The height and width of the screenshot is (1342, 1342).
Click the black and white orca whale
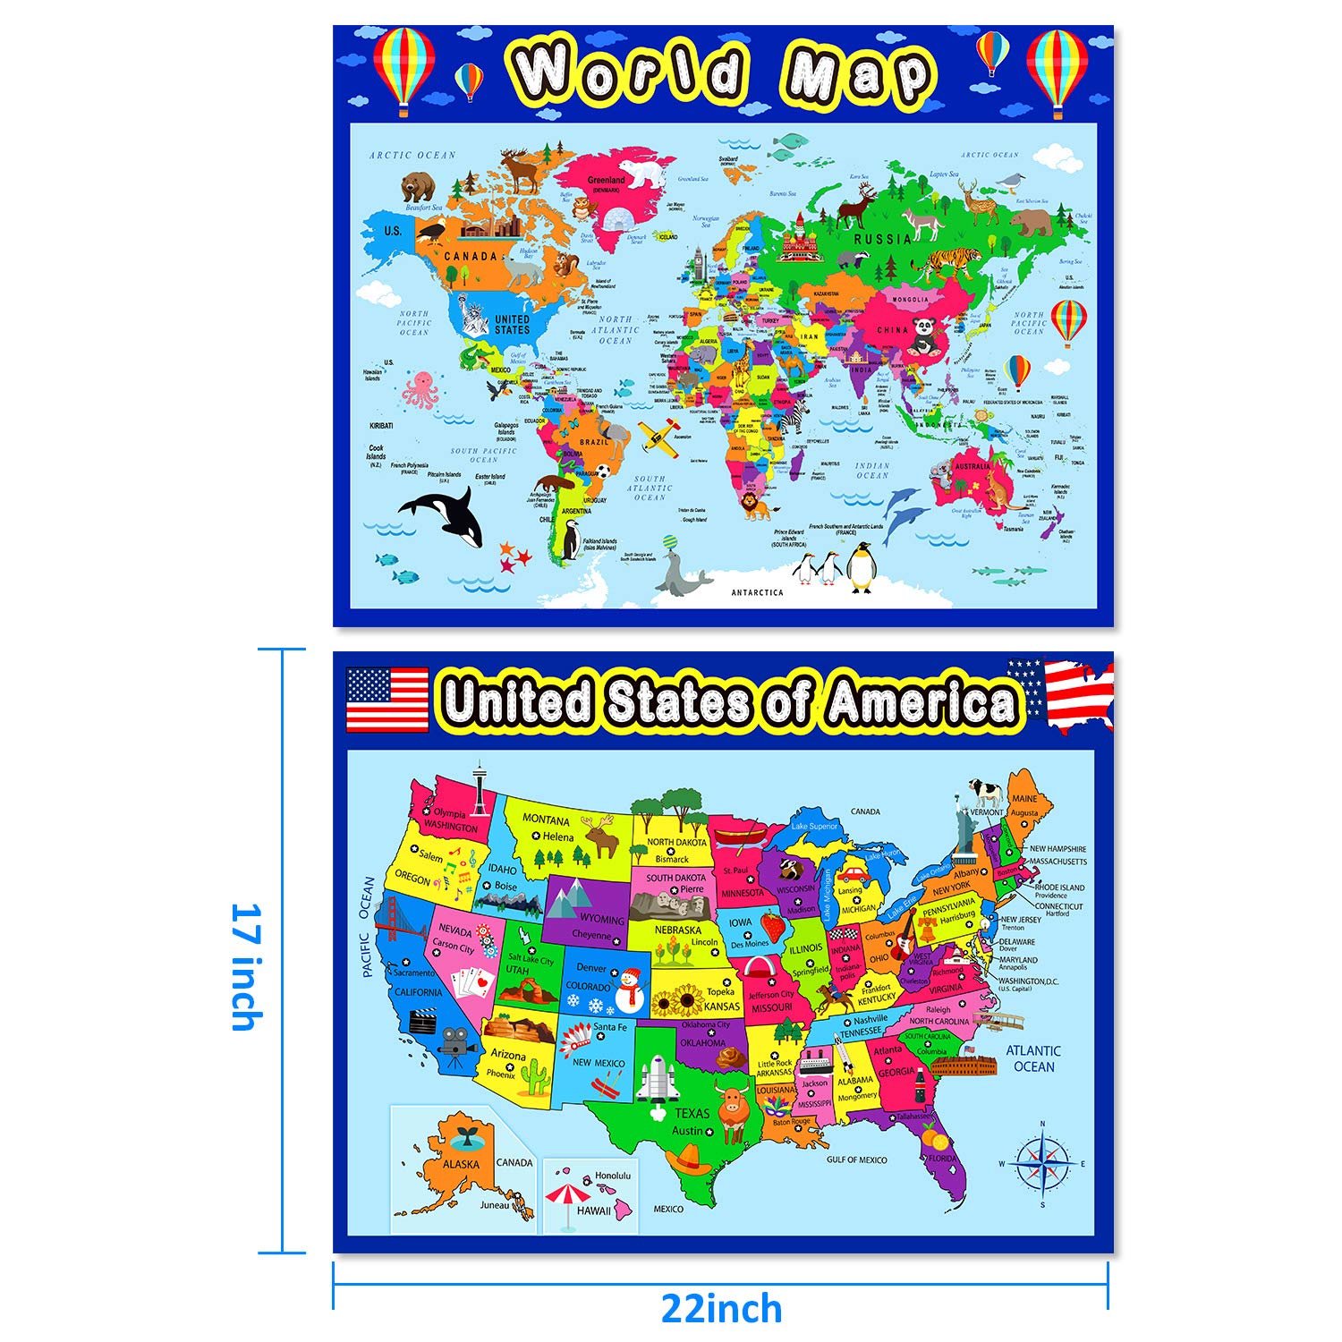click(x=445, y=515)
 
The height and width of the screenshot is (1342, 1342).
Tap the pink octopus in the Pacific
click(x=419, y=391)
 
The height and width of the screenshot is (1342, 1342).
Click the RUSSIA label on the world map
click(x=882, y=239)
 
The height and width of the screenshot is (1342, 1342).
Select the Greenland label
click(x=606, y=181)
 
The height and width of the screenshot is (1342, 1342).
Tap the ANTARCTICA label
click(x=757, y=592)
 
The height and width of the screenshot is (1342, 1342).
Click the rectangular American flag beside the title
click(x=386, y=699)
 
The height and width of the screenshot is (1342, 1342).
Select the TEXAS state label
click(x=692, y=1113)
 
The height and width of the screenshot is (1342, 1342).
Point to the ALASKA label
click(x=461, y=1164)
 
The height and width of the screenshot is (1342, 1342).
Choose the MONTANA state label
click(x=546, y=820)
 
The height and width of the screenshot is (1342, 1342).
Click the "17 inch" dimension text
click(x=247, y=966)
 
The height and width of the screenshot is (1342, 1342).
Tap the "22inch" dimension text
click(x=721, y=1309)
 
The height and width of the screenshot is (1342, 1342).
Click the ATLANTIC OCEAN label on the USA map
click(x=1033, y=1058)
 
